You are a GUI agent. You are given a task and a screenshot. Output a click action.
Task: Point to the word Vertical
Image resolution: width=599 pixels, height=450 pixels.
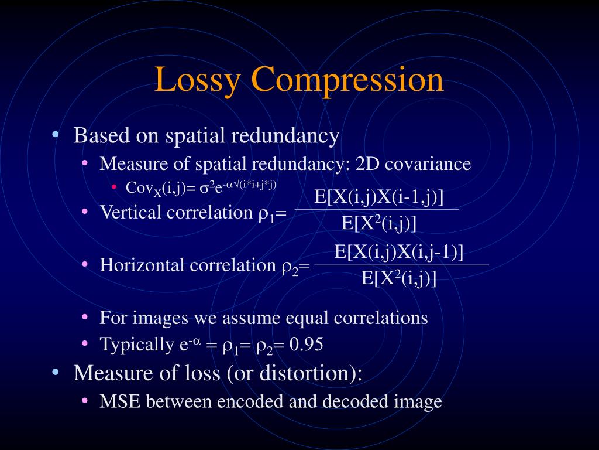pos(130,212)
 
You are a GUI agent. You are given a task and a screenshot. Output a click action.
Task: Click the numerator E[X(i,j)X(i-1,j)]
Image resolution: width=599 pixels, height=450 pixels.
pos(378,196)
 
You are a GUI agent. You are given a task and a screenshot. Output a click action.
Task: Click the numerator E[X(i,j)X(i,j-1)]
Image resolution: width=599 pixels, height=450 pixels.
pos(399,251)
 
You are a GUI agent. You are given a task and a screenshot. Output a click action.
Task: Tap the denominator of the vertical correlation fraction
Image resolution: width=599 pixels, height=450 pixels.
pos(378,223)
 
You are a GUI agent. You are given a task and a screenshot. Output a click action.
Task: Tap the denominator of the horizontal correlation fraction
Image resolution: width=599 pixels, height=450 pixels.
pos(399,278)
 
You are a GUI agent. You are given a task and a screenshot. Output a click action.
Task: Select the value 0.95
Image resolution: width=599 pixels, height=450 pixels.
pos(306,344)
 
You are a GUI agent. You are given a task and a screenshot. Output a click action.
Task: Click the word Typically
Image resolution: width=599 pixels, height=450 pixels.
pos(135,344)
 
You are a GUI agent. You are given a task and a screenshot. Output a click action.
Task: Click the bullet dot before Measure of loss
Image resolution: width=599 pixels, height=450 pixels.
pos(56,372)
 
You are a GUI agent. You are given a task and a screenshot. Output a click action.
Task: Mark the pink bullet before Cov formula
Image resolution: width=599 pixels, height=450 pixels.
pos(115,187)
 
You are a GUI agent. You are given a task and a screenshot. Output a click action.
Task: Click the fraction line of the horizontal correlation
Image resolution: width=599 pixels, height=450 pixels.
pos(401,265)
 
